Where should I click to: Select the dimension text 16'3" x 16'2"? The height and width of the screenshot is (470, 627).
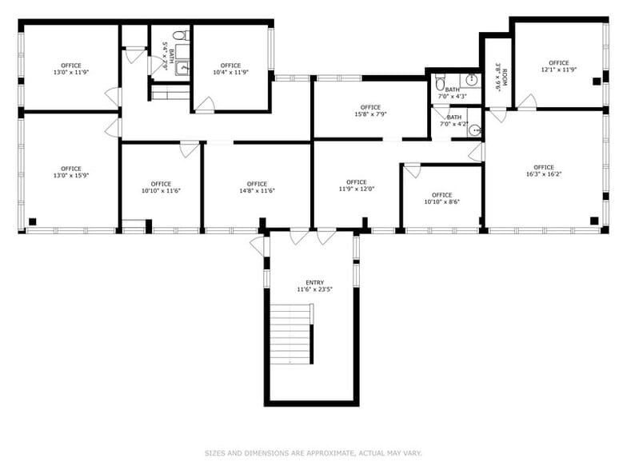[544, 173]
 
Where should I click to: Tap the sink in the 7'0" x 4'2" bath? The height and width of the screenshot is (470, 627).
[474, 130]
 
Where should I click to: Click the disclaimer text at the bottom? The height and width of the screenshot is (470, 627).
[313, 453]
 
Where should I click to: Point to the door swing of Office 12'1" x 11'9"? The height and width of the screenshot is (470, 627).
[526, 102]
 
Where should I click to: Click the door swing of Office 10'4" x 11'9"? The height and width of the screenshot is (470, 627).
[206, 105]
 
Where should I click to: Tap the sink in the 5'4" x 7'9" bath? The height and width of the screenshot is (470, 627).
[183, 68]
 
